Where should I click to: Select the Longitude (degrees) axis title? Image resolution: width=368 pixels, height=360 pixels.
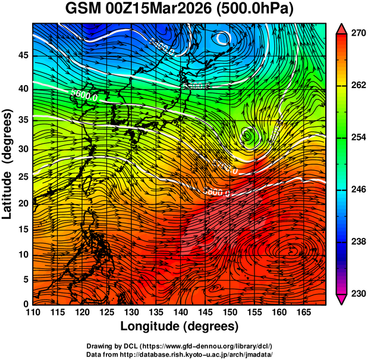coord(180,326)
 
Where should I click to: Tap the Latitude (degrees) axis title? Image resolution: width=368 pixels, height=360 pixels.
coord(8,164)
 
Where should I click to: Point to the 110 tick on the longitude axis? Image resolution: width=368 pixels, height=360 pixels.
coord(33,312)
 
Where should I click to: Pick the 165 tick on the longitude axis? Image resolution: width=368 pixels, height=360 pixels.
coord(301,312)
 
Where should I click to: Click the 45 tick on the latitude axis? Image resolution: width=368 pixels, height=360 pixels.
coord(22,56)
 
